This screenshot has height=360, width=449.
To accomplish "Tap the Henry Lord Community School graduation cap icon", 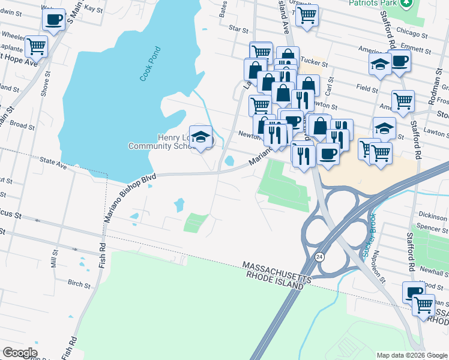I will tap(200, 137).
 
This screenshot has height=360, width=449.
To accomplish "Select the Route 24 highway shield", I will tap(317, 256).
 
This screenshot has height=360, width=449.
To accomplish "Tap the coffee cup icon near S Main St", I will tap(53, 20).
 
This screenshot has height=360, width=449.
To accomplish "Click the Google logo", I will tap(20, 353).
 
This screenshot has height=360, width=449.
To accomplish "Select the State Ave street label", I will tap(53, 163).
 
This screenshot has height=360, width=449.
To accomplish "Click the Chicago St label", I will tap(411, 35).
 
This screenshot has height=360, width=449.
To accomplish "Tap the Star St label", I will tap(238, 28).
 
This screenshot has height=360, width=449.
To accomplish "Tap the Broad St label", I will tap(22, 125).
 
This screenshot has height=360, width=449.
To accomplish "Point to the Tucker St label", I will tap(312, 61).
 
